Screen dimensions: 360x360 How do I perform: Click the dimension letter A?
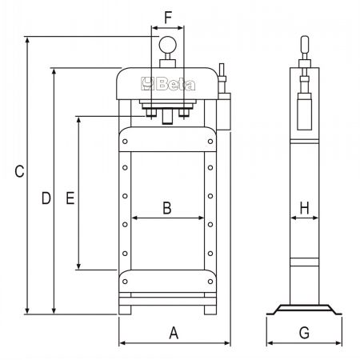tap(174, 333)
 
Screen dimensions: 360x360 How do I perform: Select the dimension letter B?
tap(167, 208)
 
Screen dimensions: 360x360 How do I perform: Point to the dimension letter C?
tap(19, 171)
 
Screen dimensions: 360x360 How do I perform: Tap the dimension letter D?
tap(46, 198)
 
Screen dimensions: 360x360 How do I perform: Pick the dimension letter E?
tap(70, 198)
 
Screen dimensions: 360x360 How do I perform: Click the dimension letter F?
tap(168, 18)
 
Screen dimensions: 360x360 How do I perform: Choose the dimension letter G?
tap(304, 333)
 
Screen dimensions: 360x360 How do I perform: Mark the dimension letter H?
tap(304, 208)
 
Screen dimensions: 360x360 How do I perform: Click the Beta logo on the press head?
tap(168, 84)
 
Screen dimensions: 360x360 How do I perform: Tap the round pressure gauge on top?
tap(168, 45)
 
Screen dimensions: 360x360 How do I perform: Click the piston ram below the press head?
tap(167, 117)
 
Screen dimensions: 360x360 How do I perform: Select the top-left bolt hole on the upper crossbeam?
tap(125, 142)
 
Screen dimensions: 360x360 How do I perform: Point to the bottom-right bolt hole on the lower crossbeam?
tap(210, 282)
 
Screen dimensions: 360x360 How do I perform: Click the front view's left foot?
tap(125, 310)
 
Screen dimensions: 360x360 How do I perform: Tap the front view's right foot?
tap(210, 310)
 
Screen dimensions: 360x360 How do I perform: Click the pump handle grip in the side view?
tap(305, 44)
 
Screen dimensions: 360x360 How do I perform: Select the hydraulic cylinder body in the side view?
tap(305, 111)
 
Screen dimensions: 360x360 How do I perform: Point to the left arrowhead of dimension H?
tap(294, 218)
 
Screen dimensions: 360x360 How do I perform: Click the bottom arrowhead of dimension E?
tap(78, 266)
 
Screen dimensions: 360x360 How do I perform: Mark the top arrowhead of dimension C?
tap(27, 41)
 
